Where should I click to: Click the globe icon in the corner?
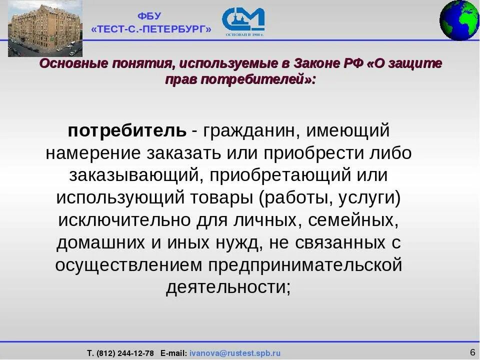[459, 20]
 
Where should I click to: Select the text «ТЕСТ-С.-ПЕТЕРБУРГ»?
[151, 29]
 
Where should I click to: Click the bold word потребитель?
[127, 131]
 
